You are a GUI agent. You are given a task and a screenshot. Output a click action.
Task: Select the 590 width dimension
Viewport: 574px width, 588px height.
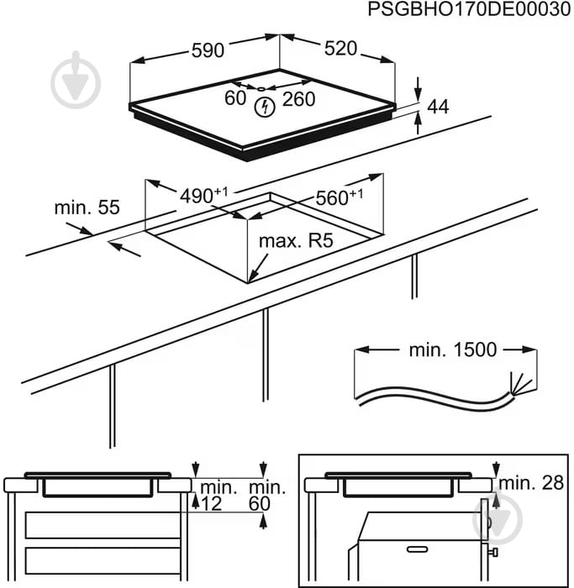pos(207,50)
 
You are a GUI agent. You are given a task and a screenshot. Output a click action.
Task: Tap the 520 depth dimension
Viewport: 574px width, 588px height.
pos(341,49)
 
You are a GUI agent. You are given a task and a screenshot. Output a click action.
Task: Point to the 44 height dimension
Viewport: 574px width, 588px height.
pos(438,107)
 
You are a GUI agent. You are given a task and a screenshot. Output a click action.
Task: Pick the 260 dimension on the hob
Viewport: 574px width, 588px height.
pos(298,99)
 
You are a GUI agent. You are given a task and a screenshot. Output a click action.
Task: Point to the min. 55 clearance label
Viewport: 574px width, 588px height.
pos(87,207)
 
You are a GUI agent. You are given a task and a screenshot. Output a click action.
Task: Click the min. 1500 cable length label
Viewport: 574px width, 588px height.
pos(453,349)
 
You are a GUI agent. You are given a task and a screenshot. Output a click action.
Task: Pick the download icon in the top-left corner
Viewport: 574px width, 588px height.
pos(76,75)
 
